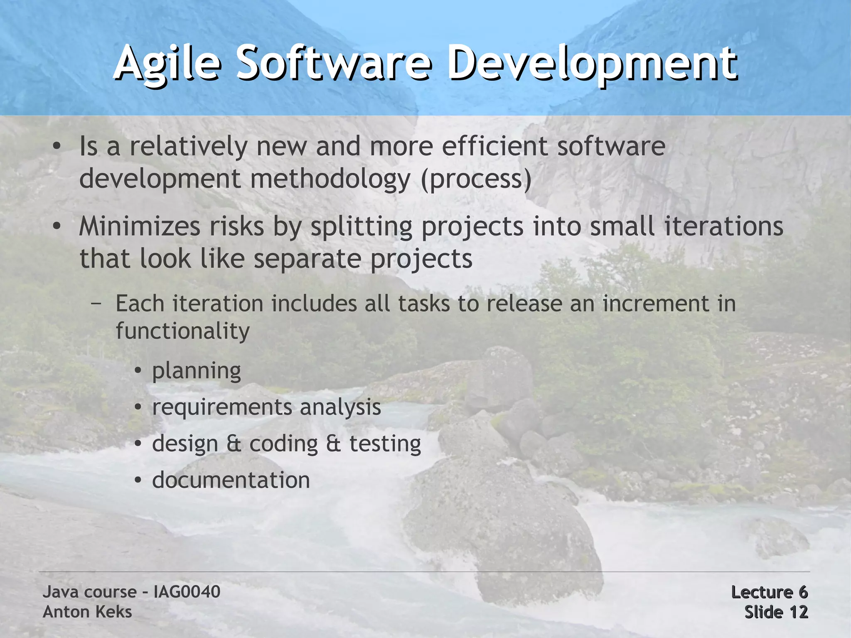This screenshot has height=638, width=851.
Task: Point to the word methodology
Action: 330,180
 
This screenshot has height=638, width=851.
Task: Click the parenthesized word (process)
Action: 476,180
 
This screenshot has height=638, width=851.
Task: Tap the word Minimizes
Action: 140,227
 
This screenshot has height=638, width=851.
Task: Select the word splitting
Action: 362,227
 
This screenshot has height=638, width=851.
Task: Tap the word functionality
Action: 183,331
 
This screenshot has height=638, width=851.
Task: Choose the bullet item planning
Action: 197,371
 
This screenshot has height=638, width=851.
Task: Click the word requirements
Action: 222,407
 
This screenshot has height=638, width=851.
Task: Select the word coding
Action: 283,444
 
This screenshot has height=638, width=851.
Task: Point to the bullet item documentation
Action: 231,480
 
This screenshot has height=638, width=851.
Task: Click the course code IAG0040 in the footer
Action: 187,592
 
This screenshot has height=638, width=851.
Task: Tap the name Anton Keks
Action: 87,612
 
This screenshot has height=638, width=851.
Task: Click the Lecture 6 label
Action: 769,592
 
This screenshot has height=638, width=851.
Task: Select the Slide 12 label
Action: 776,612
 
